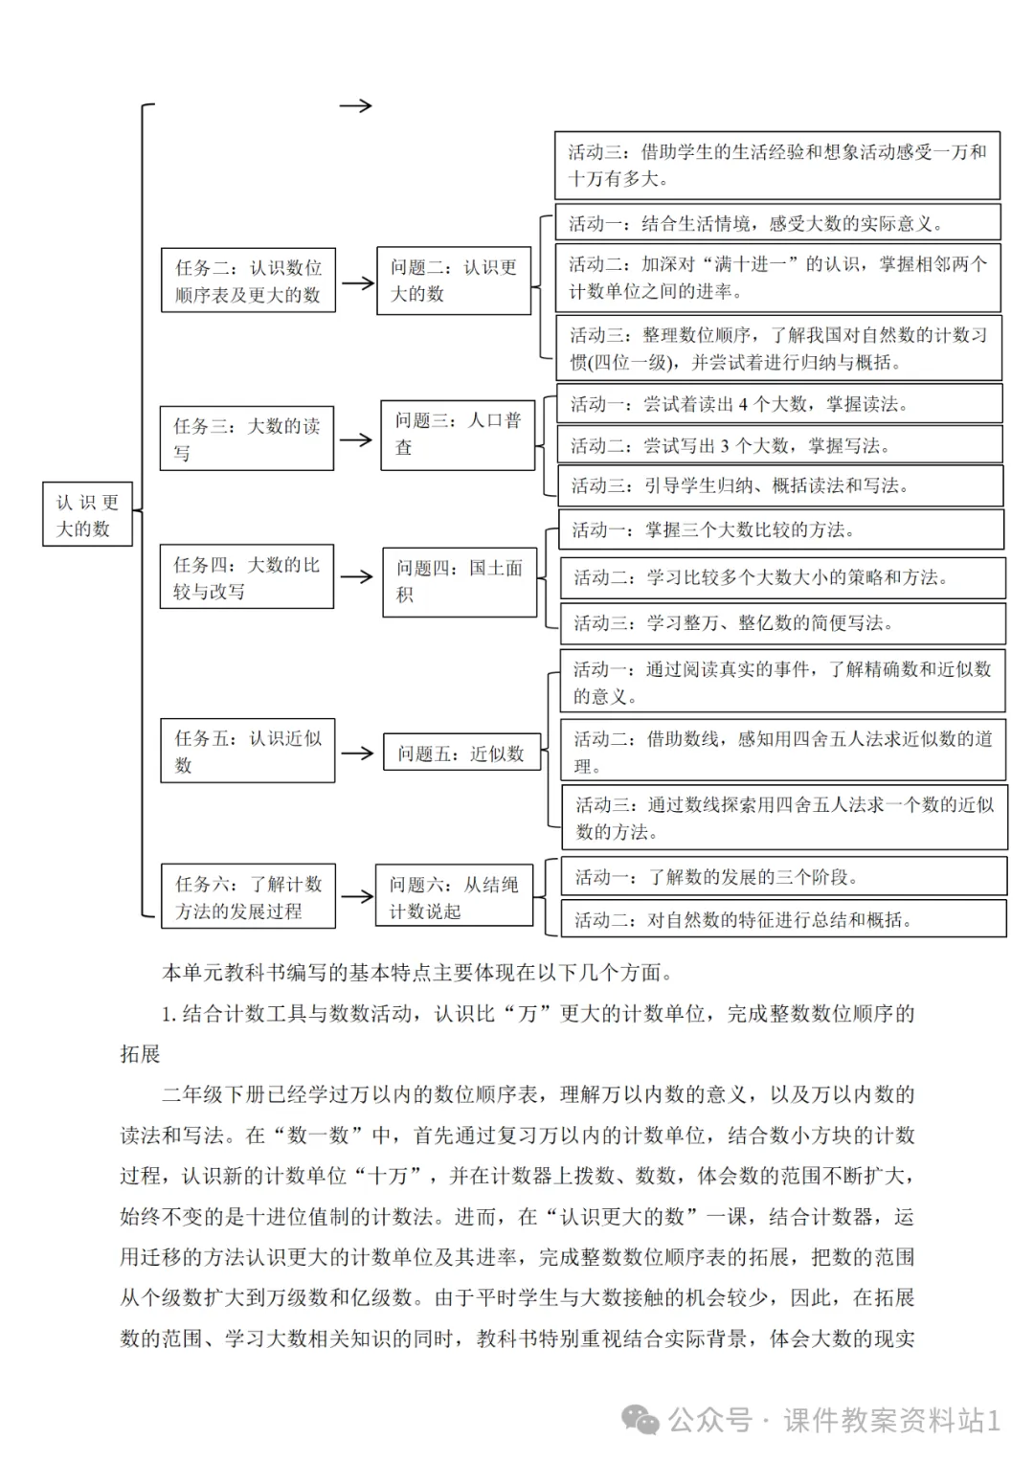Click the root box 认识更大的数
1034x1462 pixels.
(x=87, y=515)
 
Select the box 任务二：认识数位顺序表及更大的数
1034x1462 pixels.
(x=248, y=281)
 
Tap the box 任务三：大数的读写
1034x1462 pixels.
(x=247, y=439)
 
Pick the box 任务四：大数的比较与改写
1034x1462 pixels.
(x=247, y=577)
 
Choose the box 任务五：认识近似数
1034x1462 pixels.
(x=248, y=751)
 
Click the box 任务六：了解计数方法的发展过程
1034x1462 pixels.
(x=248, y=896)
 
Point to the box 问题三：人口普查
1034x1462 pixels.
(x=458, y=435)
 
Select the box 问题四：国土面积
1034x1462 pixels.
(x=460, y=581)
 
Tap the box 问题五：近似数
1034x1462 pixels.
(x=461, y=753)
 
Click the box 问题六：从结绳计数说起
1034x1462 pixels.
(x=454, y=896)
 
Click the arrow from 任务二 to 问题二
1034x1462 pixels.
(x=357, y=282)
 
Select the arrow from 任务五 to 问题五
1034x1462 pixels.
(x=357, y=753)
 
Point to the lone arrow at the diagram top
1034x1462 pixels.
(x=355, y=106)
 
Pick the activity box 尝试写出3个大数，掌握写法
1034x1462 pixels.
(x=780, y=445)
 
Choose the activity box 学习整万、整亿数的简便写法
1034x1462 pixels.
(x=782, y=623)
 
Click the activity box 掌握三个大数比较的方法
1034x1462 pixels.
(x=781, y=529)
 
